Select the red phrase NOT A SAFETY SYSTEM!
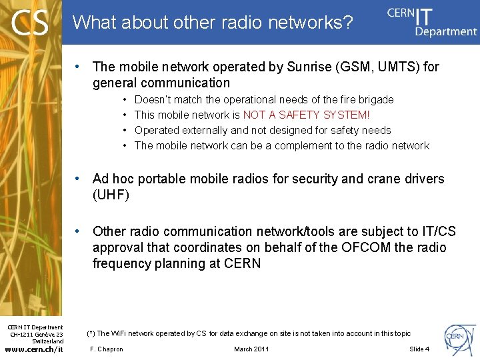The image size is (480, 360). [306, 115]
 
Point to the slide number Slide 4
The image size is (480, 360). [419, 349]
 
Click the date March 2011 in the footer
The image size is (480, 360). [251, 349]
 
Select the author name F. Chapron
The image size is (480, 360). [107, 349]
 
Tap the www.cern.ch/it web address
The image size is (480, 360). [34, 349]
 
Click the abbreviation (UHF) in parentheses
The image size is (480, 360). [111, 195]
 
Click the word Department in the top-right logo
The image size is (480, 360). [446, 31]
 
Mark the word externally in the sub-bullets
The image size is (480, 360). [201, 130]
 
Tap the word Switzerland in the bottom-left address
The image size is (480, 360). [48, 341]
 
